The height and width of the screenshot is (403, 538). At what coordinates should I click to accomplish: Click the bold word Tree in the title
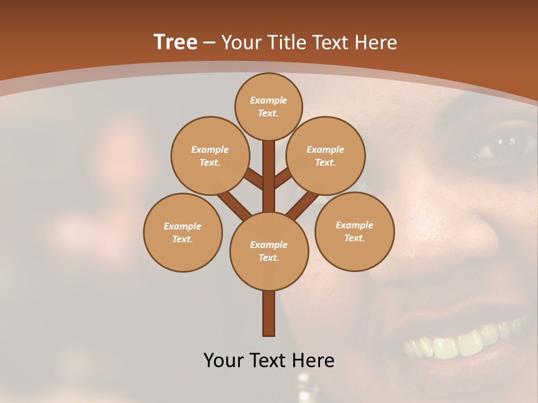pyautogui.click(x=175, y=42)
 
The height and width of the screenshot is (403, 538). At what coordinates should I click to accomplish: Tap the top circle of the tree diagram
pyautogui.click(x=268, y=106)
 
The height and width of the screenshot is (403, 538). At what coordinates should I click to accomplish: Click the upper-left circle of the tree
pyautogui.click(x=210, y=156)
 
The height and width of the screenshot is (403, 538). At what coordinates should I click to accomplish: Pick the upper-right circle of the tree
pyautogui.click(x=326, y=156)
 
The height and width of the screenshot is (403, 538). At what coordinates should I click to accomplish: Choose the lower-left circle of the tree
pyautogui.click(x=183, y=232)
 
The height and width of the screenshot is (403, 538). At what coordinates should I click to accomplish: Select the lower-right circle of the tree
pyautogui.click(x=354, y=231)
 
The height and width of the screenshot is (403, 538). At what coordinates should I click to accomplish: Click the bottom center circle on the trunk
pyautogui.click(x=269, y=251)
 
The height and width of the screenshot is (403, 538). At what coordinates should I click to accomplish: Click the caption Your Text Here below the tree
pyautogui.click(x=269, y=360)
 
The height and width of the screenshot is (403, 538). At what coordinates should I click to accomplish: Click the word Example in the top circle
pyautogui.click(x=268, y=100)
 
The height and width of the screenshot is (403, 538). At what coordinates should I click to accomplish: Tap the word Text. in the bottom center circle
pyautogui.click(x=268, y=257)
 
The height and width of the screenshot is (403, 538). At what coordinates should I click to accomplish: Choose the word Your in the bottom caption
pyautogui.click(x=222, y=360)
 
